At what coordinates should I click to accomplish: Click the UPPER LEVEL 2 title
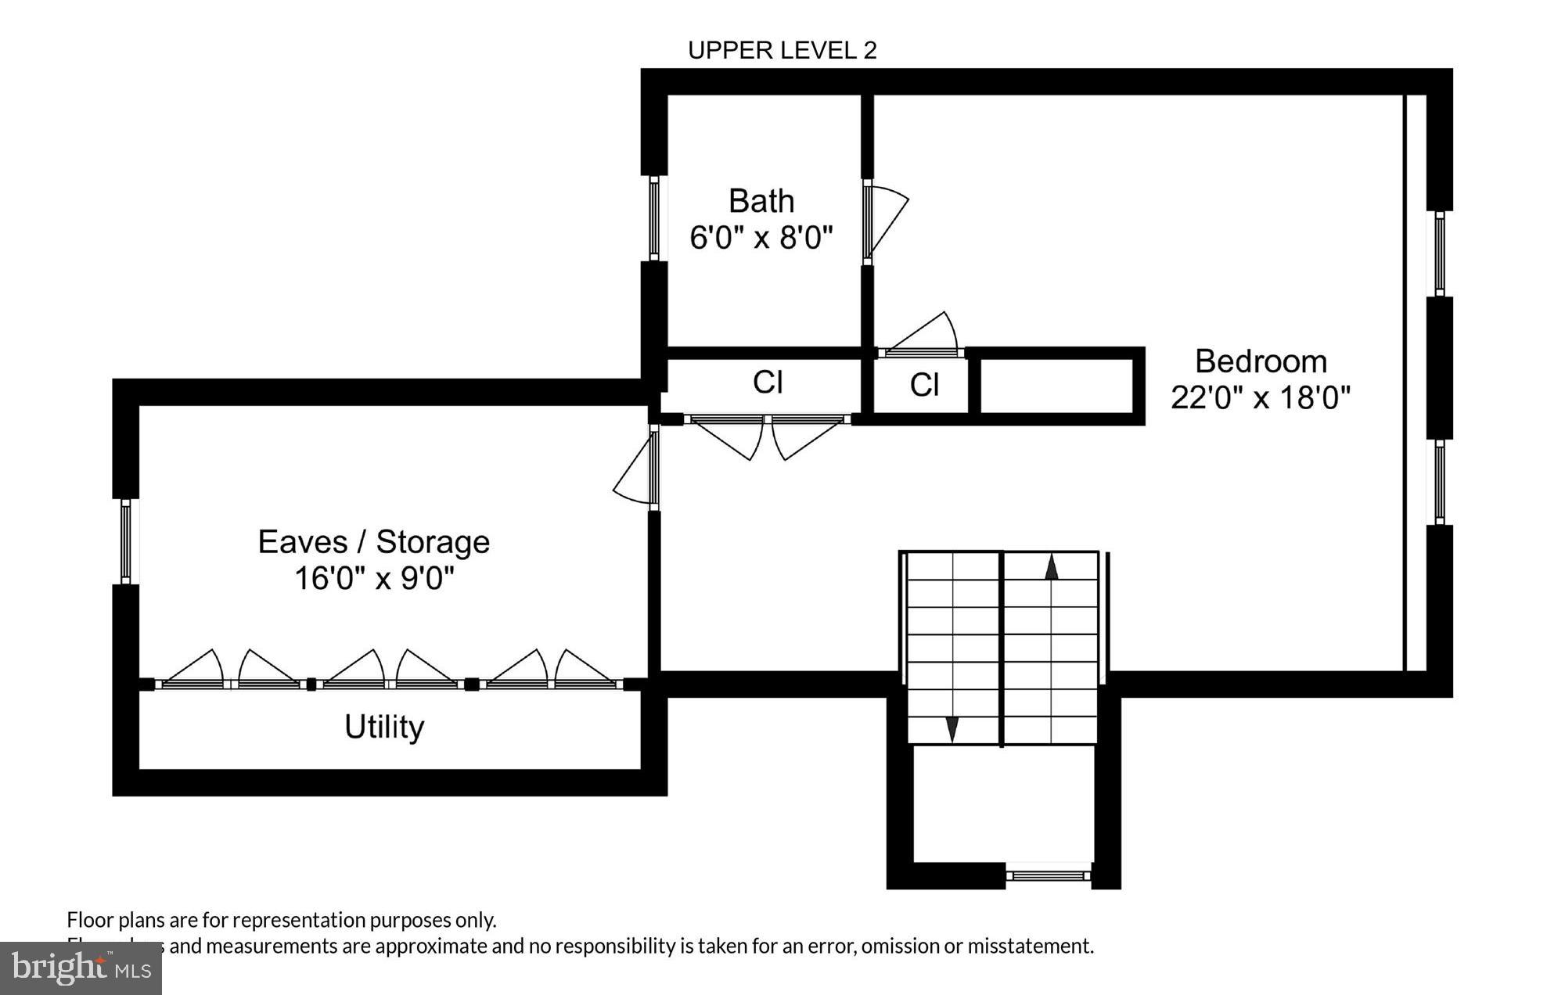click(x=782, y=50)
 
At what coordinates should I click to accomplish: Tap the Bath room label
click(x=761, y=201)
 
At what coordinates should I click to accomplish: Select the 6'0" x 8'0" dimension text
click(x=761, y=236)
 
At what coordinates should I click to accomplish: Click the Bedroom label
click(x=1261, y=361)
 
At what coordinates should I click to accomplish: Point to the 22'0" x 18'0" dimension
click(x=1261, y=397)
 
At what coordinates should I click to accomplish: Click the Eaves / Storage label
click(x=374, y=541)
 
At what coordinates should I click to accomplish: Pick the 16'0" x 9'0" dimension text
click(x=374, y=579)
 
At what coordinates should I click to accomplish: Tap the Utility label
click(x=384, y=727)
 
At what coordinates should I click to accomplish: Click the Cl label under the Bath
click(x=768, y=383)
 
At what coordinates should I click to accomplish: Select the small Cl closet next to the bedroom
click(x=924, y=385)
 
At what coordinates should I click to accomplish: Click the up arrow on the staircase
click(x=1052, y=567)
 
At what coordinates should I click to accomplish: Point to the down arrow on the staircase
click(x=952, y=728)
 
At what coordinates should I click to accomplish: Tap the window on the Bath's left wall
click(x=654, y=217)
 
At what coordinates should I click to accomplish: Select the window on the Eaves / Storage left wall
click(x=125, y=541)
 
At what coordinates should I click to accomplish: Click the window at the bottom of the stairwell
click(x=1048, y=875)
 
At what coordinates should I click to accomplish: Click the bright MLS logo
click(x=81, y=968)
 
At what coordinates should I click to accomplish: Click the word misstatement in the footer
click(x=1030, y=947)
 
